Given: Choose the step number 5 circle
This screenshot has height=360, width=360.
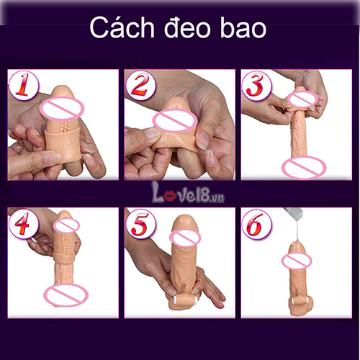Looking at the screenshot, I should (140, 225).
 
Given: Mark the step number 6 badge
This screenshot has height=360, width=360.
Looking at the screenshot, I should (256, 225).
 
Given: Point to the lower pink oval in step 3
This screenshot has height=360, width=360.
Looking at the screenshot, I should (302, 168).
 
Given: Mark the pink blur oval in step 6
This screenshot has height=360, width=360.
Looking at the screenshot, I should (298, 260).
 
